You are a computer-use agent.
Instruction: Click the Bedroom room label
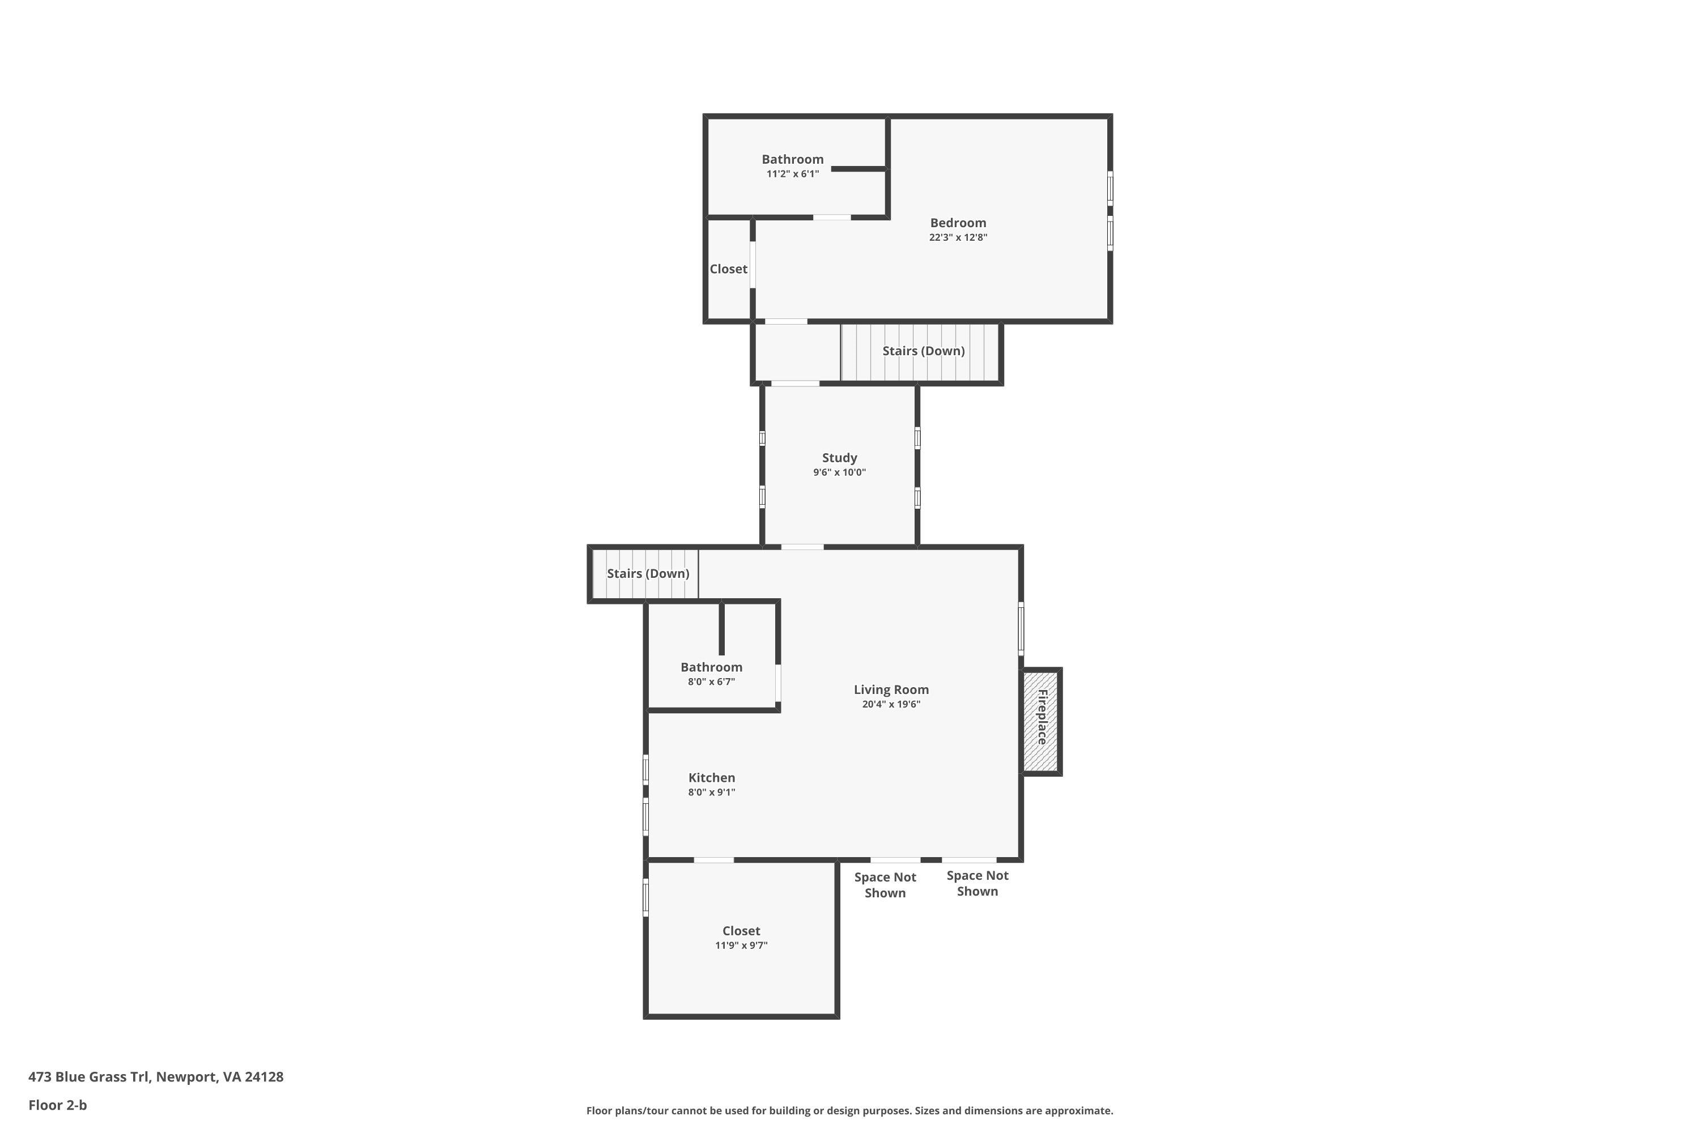pos(958,223)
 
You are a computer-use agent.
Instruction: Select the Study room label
pos(839,457)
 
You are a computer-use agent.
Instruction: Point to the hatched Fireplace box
pos(1041,721)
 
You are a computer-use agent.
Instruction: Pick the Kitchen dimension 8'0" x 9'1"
pos(711,792)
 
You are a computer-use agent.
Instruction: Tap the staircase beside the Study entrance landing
pos(921,352)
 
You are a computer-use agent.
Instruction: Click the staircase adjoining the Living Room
pos(645,574)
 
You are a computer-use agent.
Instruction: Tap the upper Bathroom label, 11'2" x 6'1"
pos(792,159)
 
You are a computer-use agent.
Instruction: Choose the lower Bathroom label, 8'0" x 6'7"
pos(711,667)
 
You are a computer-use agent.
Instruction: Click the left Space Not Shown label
pos(885,884)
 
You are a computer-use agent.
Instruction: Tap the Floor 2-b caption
pos(57,1105)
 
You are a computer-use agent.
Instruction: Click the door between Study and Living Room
pos(802,547)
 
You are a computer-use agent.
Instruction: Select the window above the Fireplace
pos(1021,628)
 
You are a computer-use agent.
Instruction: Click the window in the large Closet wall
pos(645,897)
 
